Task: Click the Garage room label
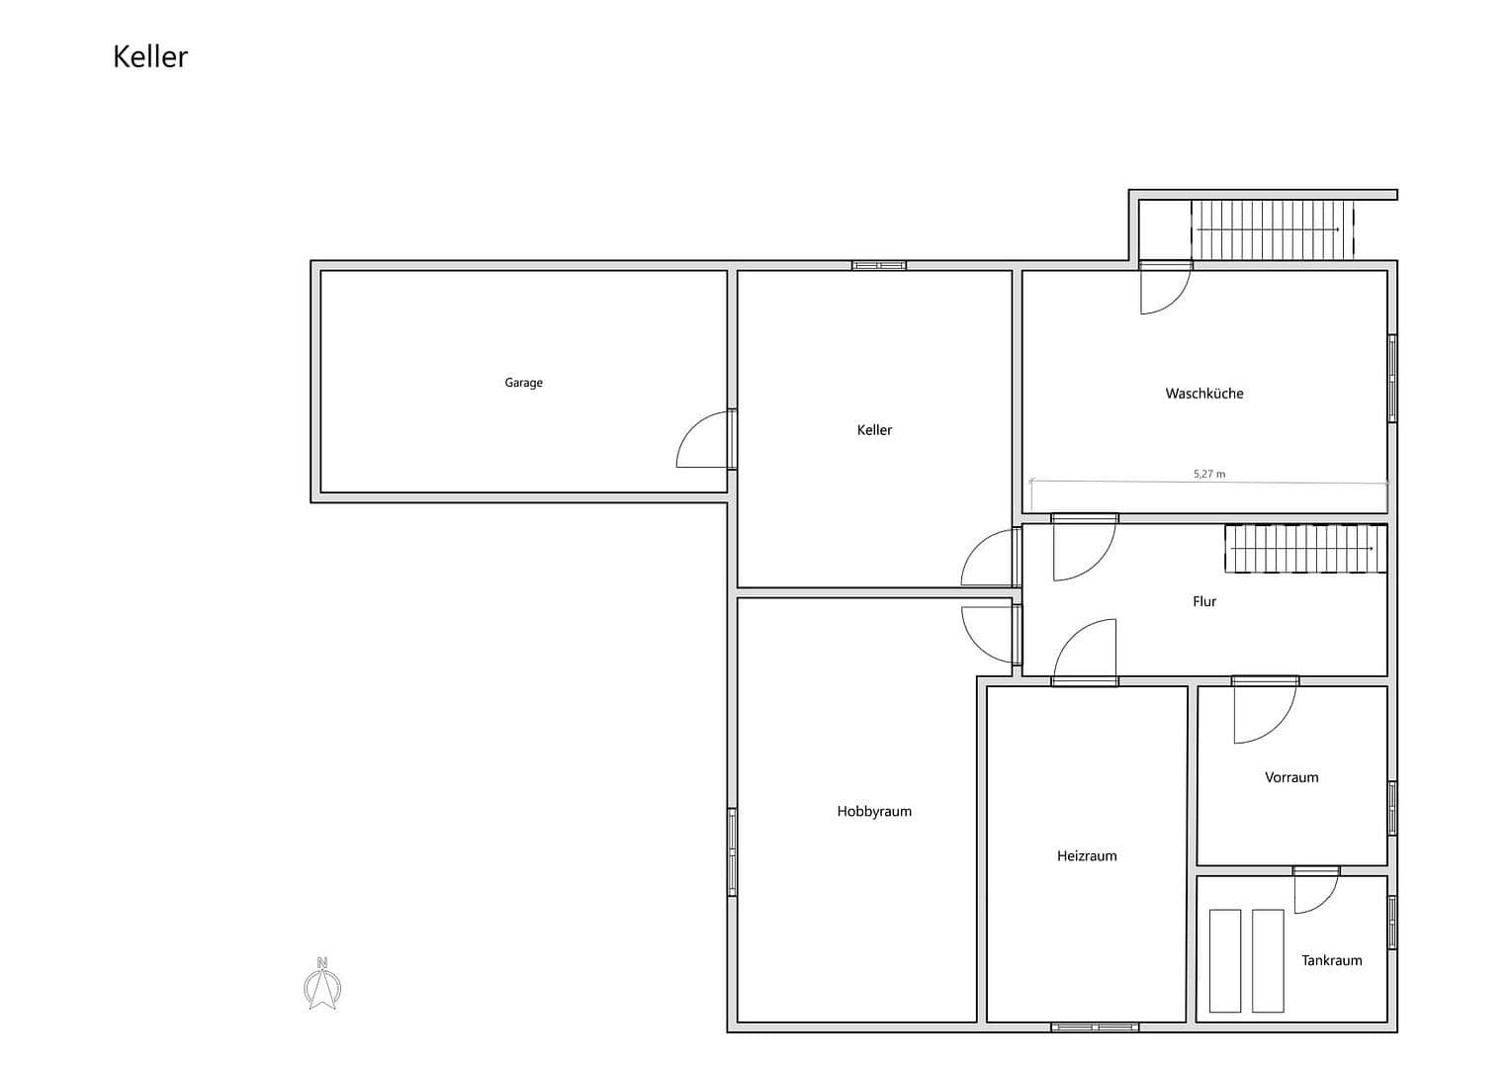click(523, 383)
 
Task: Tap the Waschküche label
click(1203, 394)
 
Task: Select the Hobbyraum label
click(874, 812)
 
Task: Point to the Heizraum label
click(1087, 856)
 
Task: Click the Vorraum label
click(1291, 777)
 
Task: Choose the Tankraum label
click(1331, 960)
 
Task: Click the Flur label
click(1203, 601)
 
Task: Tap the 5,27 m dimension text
click(1208, 474)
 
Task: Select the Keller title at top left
click(150, 56)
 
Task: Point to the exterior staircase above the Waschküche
click(1271, 229)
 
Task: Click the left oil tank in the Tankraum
click(1225, 960)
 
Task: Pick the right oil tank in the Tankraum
click(1268, 960)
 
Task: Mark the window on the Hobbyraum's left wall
click(733, 851)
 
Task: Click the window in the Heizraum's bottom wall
click(1095, 1027)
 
